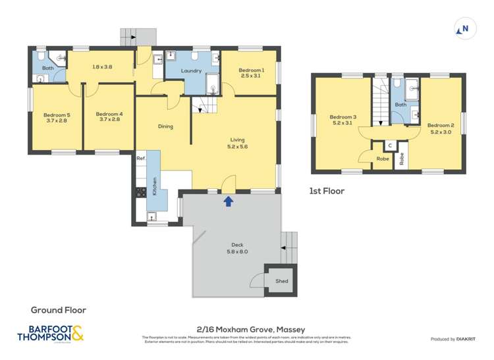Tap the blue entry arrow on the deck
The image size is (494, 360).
pos(228,201)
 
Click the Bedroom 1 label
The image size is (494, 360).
pos(251,70)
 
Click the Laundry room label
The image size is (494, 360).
pos(192,70)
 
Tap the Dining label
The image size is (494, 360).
pos(165,126)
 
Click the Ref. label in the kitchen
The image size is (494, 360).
pos(140,159)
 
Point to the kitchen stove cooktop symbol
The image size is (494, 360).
pos(140,192)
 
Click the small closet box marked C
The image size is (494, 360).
pos(390,145)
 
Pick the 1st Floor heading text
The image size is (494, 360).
pos(327,192)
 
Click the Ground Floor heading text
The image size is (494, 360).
pos(59,309)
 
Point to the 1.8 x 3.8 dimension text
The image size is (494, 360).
pos(101,66)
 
